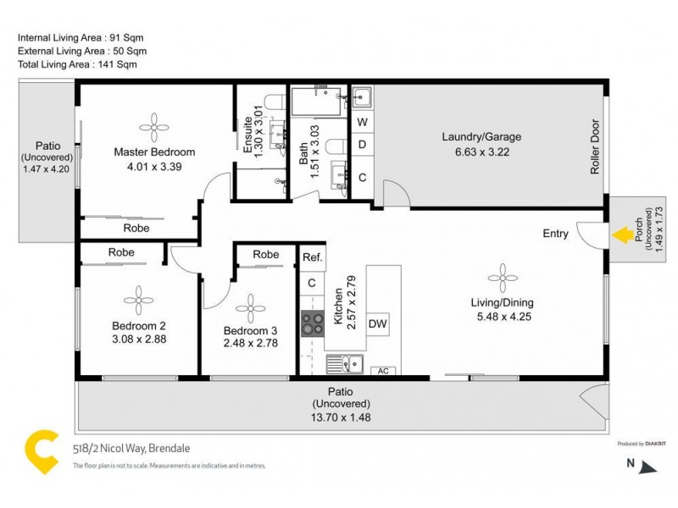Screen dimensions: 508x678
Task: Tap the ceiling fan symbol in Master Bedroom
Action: pyautogui.click(x=155, y=127)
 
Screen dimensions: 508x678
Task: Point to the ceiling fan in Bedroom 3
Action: pyautogui.click(x=250, y=308)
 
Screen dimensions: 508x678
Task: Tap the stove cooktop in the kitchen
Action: pyautogui.click(x=313, y=322)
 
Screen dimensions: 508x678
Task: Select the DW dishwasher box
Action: pyautogui.click(x=377, y=323)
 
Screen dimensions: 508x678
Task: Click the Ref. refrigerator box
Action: pyautogui.click(x=312, y=257)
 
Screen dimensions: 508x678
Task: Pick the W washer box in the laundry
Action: pyautogui.click(x=362, y=122)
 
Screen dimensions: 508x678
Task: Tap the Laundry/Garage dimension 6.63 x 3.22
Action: pyautogui.click(x=481, y=152)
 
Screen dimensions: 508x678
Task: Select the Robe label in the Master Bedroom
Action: pyautogui.click(x=136, y=228)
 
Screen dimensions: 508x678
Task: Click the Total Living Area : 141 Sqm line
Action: pyautogui.click(x=77, y=64)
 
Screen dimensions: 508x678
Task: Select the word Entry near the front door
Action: pyautogui.click(x=555, y=235)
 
